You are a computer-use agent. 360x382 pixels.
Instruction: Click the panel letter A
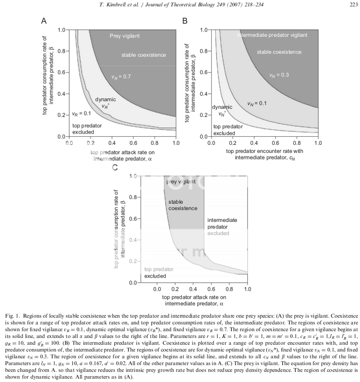coord(44,21)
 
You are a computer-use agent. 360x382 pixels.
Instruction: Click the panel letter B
coord(184,21)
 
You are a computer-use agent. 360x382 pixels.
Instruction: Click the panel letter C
coord(115,167)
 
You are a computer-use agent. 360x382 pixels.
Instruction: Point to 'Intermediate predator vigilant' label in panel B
coord(272,35)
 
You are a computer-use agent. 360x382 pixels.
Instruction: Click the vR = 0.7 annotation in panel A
coord(121,77)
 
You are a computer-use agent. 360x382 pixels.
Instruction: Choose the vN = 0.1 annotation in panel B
coord(257,103)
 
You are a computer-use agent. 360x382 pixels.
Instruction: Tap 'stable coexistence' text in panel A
coord(144,55)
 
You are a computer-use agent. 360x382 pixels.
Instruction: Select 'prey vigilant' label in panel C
coord(181,182)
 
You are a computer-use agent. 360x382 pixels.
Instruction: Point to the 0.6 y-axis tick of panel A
coord(61,72)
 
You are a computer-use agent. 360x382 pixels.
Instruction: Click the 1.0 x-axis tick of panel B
coord(317,143)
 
